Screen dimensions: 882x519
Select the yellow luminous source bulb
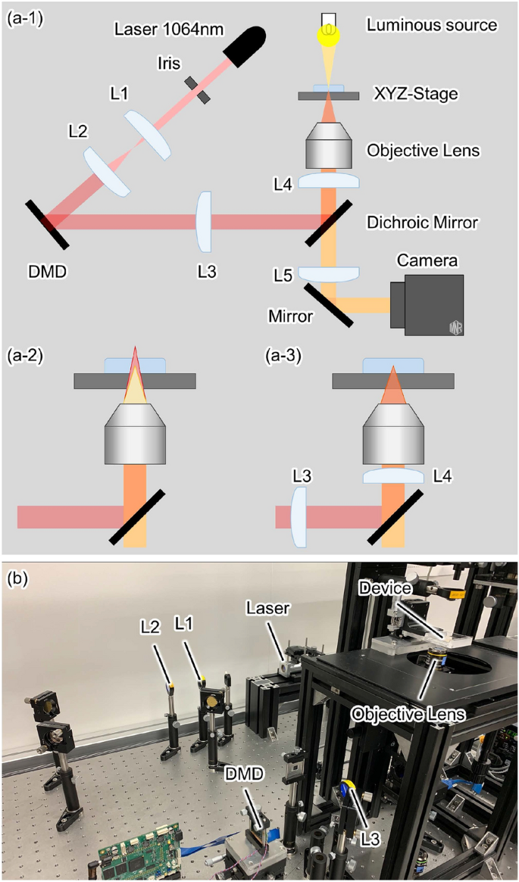click(x=328, y=31)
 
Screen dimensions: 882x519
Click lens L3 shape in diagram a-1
click(x=203, y=221)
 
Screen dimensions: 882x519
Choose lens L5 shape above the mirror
click(x=328, y=273)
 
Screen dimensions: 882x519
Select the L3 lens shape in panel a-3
click(x=297, y=516)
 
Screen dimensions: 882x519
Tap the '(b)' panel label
click(x=17, y=580)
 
